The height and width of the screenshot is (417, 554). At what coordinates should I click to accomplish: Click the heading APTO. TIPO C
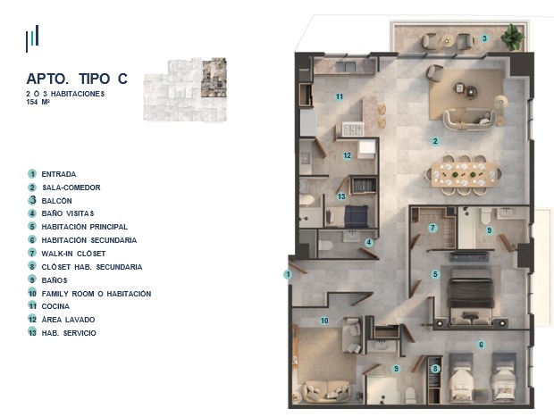click(x=77, y=79)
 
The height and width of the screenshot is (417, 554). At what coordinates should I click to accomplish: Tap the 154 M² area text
click(x=38, y=102)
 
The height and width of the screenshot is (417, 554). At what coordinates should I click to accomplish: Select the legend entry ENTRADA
click(x=59, y=174)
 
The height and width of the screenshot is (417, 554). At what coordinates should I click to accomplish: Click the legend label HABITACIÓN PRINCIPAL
click(x=85, y=227)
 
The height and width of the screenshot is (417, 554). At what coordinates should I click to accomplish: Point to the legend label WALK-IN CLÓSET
click(x=73, y=254)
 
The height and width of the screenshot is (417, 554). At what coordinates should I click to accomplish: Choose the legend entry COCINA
click(x=55, y=306)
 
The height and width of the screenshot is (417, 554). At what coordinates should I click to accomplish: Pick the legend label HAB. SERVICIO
click(x=69, y=333)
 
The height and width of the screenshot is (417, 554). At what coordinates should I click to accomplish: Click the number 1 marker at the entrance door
click(x=288, y=274)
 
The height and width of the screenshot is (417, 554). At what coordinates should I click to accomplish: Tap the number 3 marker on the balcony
click(x=484, y=38)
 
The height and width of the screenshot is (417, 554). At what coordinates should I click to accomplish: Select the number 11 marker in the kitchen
click(x=340, y=96)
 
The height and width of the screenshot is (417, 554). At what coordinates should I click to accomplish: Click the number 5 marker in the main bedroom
click(x=435, y=274)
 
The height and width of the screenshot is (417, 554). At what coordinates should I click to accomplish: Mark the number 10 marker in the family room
click(x=324, y=321)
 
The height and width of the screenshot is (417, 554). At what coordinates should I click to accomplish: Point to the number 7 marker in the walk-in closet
click(x=432, y=228)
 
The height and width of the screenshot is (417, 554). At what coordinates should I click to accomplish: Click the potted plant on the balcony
click(x=512, y=37)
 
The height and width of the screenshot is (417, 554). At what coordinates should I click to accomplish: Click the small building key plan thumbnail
click(x=185, y=89)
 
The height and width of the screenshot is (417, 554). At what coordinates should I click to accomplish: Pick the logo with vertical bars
click(x=32, y=38)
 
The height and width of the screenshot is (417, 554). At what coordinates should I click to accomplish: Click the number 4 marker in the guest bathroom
click(x=369, y=242)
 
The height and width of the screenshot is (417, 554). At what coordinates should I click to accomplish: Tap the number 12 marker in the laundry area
click(x=348, y=155)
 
